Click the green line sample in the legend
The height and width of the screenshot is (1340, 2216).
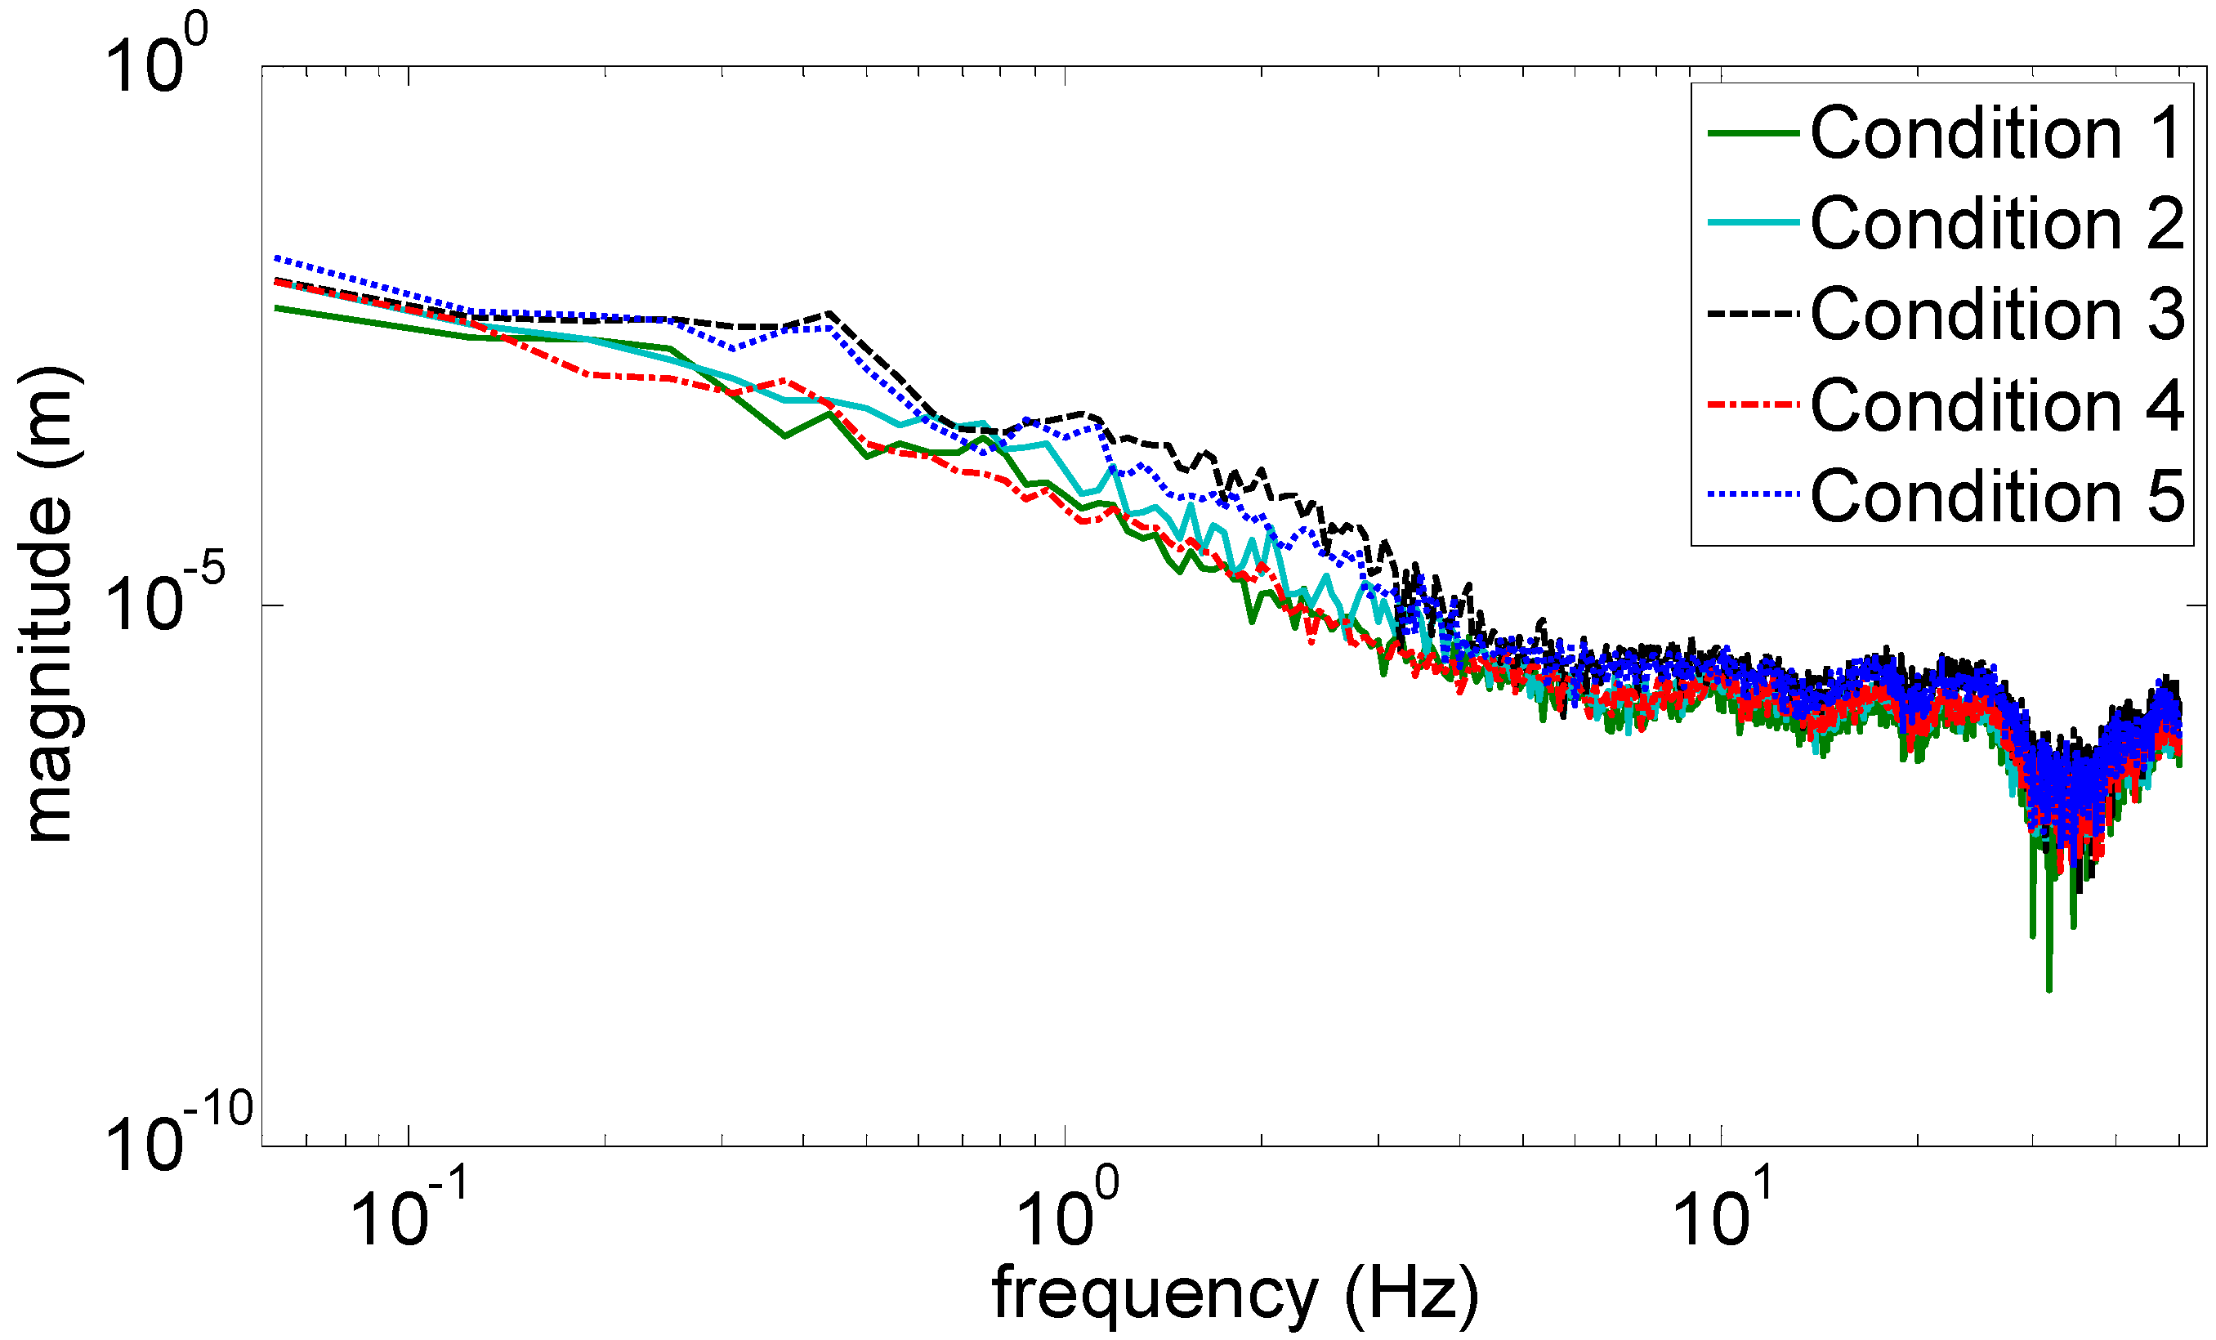[x=1754, y=133]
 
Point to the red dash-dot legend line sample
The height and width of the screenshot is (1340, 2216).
[x=1754, y=404]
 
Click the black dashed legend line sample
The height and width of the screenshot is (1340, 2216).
[x=1754, y=314]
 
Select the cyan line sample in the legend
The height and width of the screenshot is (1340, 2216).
[x=1754, y=223]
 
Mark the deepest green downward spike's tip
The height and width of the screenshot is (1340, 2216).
[x=2048, y=990]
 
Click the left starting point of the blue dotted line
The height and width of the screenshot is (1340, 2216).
[x=275, y=257]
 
